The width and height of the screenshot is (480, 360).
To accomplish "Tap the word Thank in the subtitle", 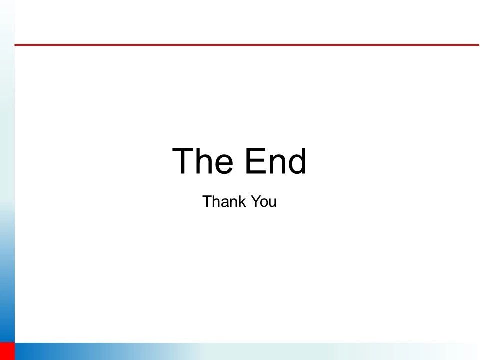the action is pos(224,201).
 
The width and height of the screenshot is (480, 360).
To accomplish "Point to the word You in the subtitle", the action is pos(264,201).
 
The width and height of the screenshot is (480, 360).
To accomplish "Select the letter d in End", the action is pos(296,161).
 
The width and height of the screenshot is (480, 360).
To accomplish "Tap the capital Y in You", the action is pos(256,201).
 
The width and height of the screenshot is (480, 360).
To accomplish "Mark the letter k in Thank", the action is pos(242,201).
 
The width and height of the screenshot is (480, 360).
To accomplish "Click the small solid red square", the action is pos(7,351).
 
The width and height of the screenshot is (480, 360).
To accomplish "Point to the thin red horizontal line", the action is pos(247,45).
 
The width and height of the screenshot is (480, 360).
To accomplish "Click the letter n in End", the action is pos(276,164).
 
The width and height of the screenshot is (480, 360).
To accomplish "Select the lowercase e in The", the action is pos(223,164).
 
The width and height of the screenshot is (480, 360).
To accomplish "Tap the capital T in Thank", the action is pos(208,201).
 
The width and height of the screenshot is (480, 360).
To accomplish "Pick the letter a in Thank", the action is pos(226,203).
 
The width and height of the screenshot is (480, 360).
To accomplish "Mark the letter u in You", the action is pos(273,203).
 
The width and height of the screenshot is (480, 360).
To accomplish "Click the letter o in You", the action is pos(265,203).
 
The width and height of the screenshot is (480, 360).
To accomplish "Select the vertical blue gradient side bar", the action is pos(7,171).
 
